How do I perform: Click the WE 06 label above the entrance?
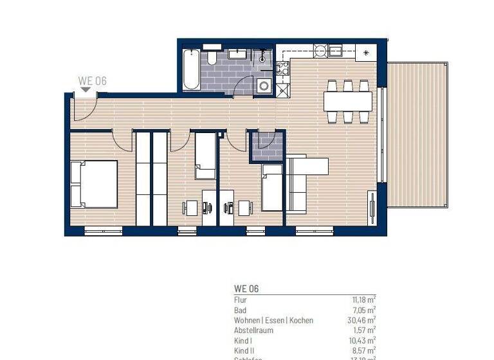point(92,81)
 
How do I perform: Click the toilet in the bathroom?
point(212,57)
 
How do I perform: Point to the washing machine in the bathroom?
point(264,86)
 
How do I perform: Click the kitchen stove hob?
point(282,69)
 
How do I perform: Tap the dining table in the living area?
point(347,101)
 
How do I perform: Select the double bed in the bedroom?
point(94,184)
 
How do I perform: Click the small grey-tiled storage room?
point(266,146)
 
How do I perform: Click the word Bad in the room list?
point(239,309)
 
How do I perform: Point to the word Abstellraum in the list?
point(254,330)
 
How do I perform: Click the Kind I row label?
point(242,340)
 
